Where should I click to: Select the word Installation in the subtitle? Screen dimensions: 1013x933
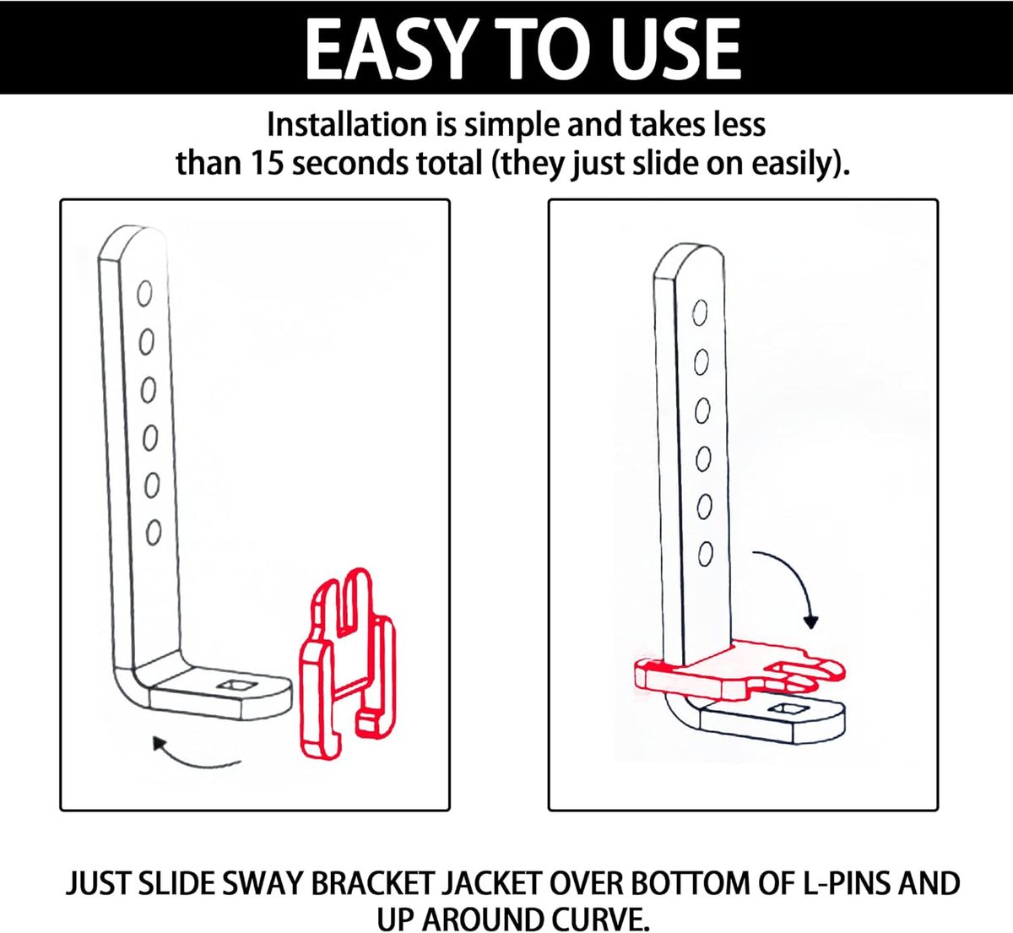pyautogui.click(x=347, y=124)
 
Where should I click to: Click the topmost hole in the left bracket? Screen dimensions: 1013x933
pyautogui.click(x=144, y=294)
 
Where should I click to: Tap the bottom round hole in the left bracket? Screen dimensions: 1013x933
pyautogui.click(x=154, y=533)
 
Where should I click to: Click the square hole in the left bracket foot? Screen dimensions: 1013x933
pyautogui.click(x=233, y=686)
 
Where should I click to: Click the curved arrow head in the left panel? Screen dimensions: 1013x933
pyautogui.click(x=160, y=744)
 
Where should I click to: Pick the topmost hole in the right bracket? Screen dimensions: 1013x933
pyautogui.click(x=700, y=313)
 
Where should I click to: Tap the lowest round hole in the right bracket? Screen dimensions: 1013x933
pyautogui.click(x=706, y=554)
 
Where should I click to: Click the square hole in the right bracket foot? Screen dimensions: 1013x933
pyautogui.click(x=783, y=709)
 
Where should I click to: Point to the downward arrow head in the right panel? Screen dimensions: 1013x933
pyautogui.click(x=811, y=621)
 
